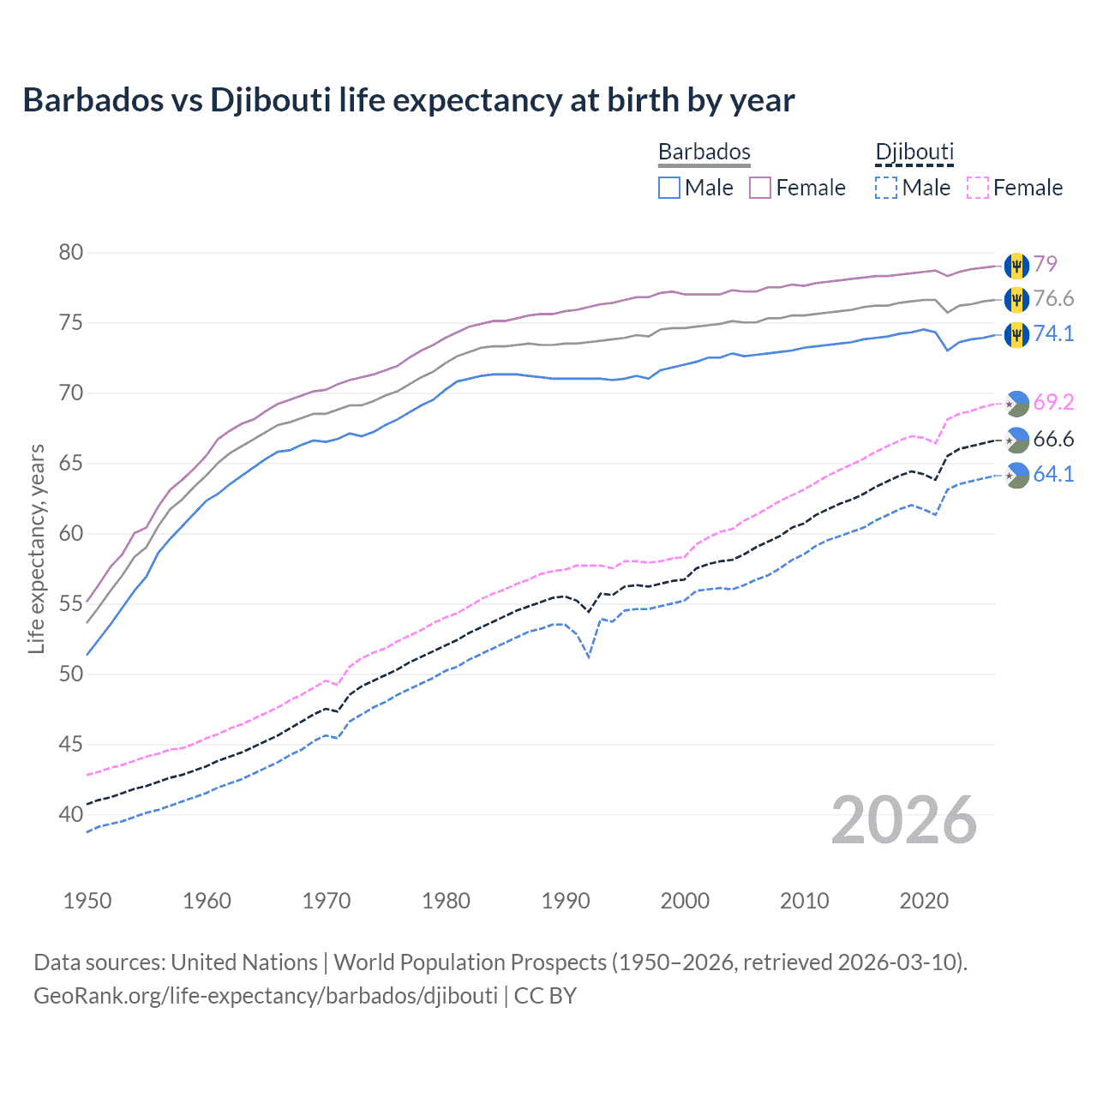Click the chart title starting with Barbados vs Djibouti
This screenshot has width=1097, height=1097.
[x=409, y=100]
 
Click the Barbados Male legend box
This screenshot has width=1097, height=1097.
[x=669, y=188]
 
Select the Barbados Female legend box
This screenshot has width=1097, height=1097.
[x=760, y=188]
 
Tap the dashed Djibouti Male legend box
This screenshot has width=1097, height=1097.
[x=886, y=188]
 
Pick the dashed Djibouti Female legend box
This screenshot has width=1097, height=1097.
[x=978, y=188]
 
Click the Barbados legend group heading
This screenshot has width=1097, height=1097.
[x=704, y=152]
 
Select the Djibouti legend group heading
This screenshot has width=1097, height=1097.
[x=914, y=152]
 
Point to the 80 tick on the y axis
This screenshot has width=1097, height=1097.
[x=71, y=252]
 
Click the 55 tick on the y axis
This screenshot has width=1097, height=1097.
[x=71, y=603]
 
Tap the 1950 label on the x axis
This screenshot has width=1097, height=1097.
[x=87, y=901]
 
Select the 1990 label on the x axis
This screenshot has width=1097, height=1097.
[x=566, y=901]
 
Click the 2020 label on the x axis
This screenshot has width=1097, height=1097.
[x=924, y=901]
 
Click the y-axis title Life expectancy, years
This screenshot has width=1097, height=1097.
[x=37, y=548]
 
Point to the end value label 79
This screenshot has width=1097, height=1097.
[x=1045, y=264]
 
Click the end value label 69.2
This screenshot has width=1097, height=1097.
[x=1053, y=403]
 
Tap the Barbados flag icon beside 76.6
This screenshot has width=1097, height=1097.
[x=1016, y=299]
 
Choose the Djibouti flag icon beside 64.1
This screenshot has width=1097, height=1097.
[x=1016, y=475]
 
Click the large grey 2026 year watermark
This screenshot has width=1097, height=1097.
[x=904, y=820]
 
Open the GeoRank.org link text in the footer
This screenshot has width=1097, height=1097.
[x=266, y=996]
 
